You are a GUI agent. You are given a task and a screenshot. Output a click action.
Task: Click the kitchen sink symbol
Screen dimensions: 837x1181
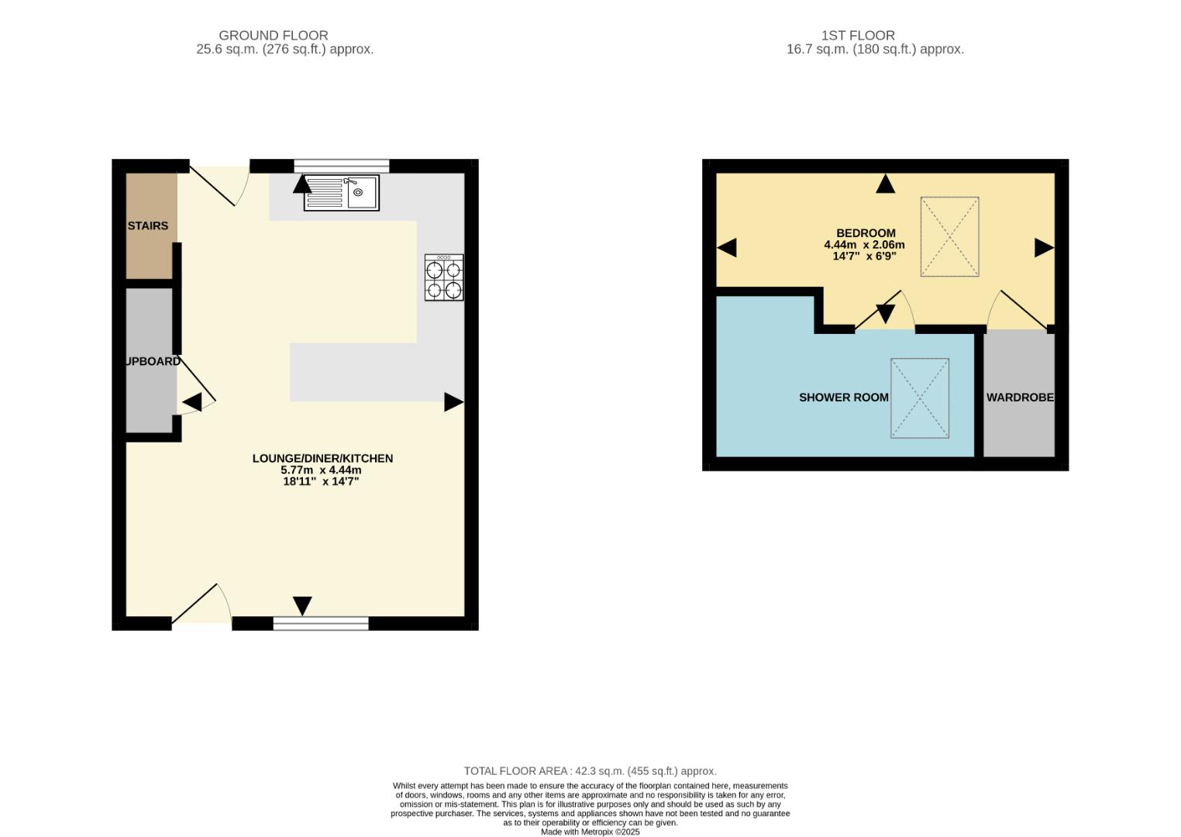pyautogui.click(x=342, y=193)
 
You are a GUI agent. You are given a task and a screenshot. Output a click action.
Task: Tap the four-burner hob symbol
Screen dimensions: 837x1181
pyautogui.click(x=444, y=277)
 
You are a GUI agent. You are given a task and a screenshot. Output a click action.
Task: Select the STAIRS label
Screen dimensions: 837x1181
pyautogui.click(x=147, y=226)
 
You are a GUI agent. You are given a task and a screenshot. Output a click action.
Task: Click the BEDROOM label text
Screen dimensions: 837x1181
pyautogui.click(x=866, y=233)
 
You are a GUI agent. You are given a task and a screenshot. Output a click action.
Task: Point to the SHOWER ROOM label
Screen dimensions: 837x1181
pyautogui.click(x=843, y=398)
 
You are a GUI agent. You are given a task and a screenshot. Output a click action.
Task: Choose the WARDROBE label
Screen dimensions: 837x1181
pyautogui.click(x=1020, y=398)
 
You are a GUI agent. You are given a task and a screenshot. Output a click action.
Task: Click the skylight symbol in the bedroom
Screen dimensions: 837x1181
pyautogui.click(x=949, y=236)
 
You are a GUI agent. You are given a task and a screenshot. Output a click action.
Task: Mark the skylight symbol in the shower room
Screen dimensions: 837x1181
pyautogui.click(x=920, y=398)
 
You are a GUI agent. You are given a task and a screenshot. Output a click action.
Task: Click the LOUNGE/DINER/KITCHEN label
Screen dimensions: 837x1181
pyautogui.click(x=322, y=459)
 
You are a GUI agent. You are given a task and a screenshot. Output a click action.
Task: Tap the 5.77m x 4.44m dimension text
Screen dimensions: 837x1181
pyautogui.click(x=321, y=470)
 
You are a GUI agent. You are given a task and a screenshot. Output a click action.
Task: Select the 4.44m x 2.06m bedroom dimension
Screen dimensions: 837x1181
pyautogui.click(x=864, y=245)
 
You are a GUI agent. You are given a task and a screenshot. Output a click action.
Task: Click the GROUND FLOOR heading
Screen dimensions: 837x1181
pyautogui.click(x=273, y=36)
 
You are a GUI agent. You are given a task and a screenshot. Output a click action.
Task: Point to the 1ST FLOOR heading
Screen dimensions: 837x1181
pyautogui.click(x=858, y=36)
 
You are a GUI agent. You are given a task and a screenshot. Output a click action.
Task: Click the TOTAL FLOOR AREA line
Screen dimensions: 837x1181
pyautogui.click(x=590, y=771)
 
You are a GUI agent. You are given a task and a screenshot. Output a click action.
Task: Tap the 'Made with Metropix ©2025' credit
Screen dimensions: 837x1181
pyautogui.click(x=590, y=832)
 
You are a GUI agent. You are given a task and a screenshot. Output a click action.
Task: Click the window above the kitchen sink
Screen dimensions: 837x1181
pyautogui.click(x=342, y=165)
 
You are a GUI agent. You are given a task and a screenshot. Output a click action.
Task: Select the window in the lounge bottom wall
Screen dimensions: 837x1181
pyautogui.click(x=321, y=623)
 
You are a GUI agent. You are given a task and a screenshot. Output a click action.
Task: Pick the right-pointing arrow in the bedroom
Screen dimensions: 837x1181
pyautogui.click(x=1044, y=248)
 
